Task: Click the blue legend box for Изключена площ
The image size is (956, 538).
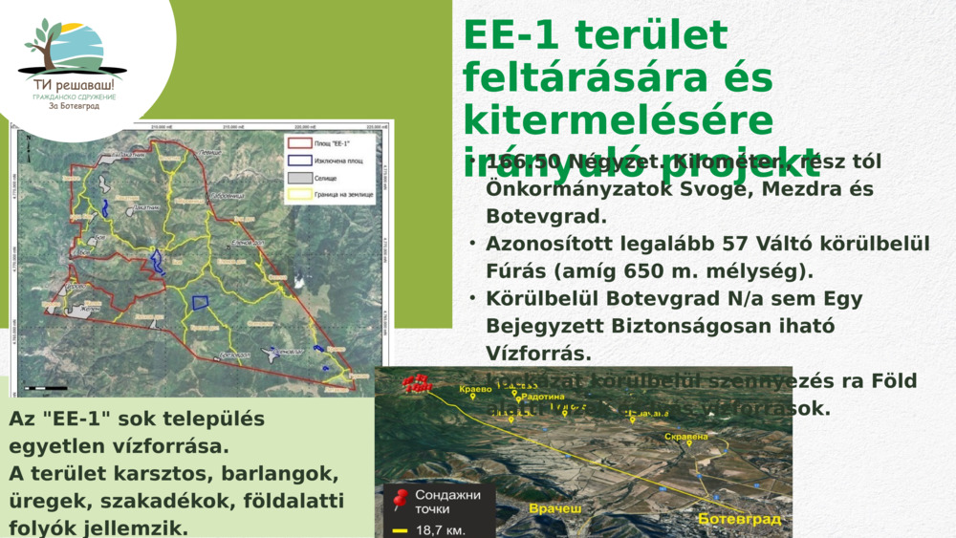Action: [x=299, y=161]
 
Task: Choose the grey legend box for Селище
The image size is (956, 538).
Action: [x=299, y=178]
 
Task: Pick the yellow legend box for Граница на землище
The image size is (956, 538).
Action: [x=299, y=194]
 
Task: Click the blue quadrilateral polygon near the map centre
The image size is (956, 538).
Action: [x=201, y=302]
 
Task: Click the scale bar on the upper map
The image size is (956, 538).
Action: [x=46, y=388]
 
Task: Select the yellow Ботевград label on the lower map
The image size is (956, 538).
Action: [x=739, y=519]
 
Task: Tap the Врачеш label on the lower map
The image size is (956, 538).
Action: [x=554, y=509]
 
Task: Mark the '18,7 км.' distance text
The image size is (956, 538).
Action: [x=442, y=529]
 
